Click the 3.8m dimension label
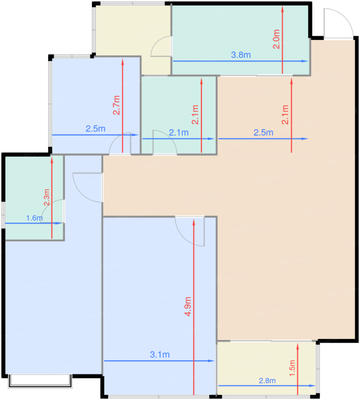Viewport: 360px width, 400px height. (x=241, y=55)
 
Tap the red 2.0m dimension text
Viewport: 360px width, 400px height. (x=276, y=39)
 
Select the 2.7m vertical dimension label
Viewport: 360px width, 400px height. (x=116, y=105)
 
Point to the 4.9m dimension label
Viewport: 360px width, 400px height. (x=188, y=306)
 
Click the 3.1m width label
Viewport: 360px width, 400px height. (x=160, y=355)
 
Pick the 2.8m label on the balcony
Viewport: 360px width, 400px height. (x=267, y=381)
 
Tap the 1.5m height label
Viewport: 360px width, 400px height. (x=292, y=368)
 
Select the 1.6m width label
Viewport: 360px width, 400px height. (x=34, y=218)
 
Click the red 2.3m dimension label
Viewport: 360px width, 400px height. (x=47, y=197)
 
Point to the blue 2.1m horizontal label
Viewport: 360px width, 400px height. (x=179, y=133)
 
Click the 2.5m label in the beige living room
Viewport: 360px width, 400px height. (x=263, y=133)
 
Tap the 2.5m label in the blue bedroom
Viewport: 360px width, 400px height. (x=96, y=129)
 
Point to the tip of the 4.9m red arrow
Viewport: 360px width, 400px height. (x=194, y=221)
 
